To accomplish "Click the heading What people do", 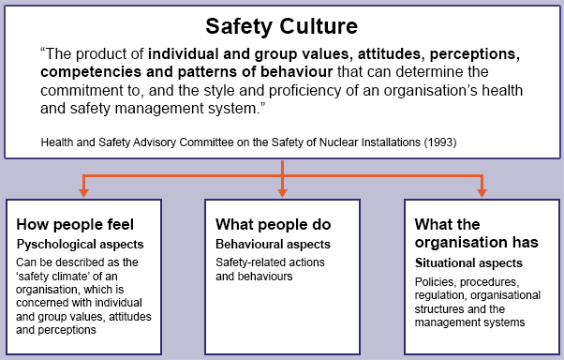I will point(274,225).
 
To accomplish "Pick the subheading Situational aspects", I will point(468,263).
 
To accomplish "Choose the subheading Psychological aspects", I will point(76,243).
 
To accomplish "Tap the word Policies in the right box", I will point(435,282).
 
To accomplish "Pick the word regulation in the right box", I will point(442,296).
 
